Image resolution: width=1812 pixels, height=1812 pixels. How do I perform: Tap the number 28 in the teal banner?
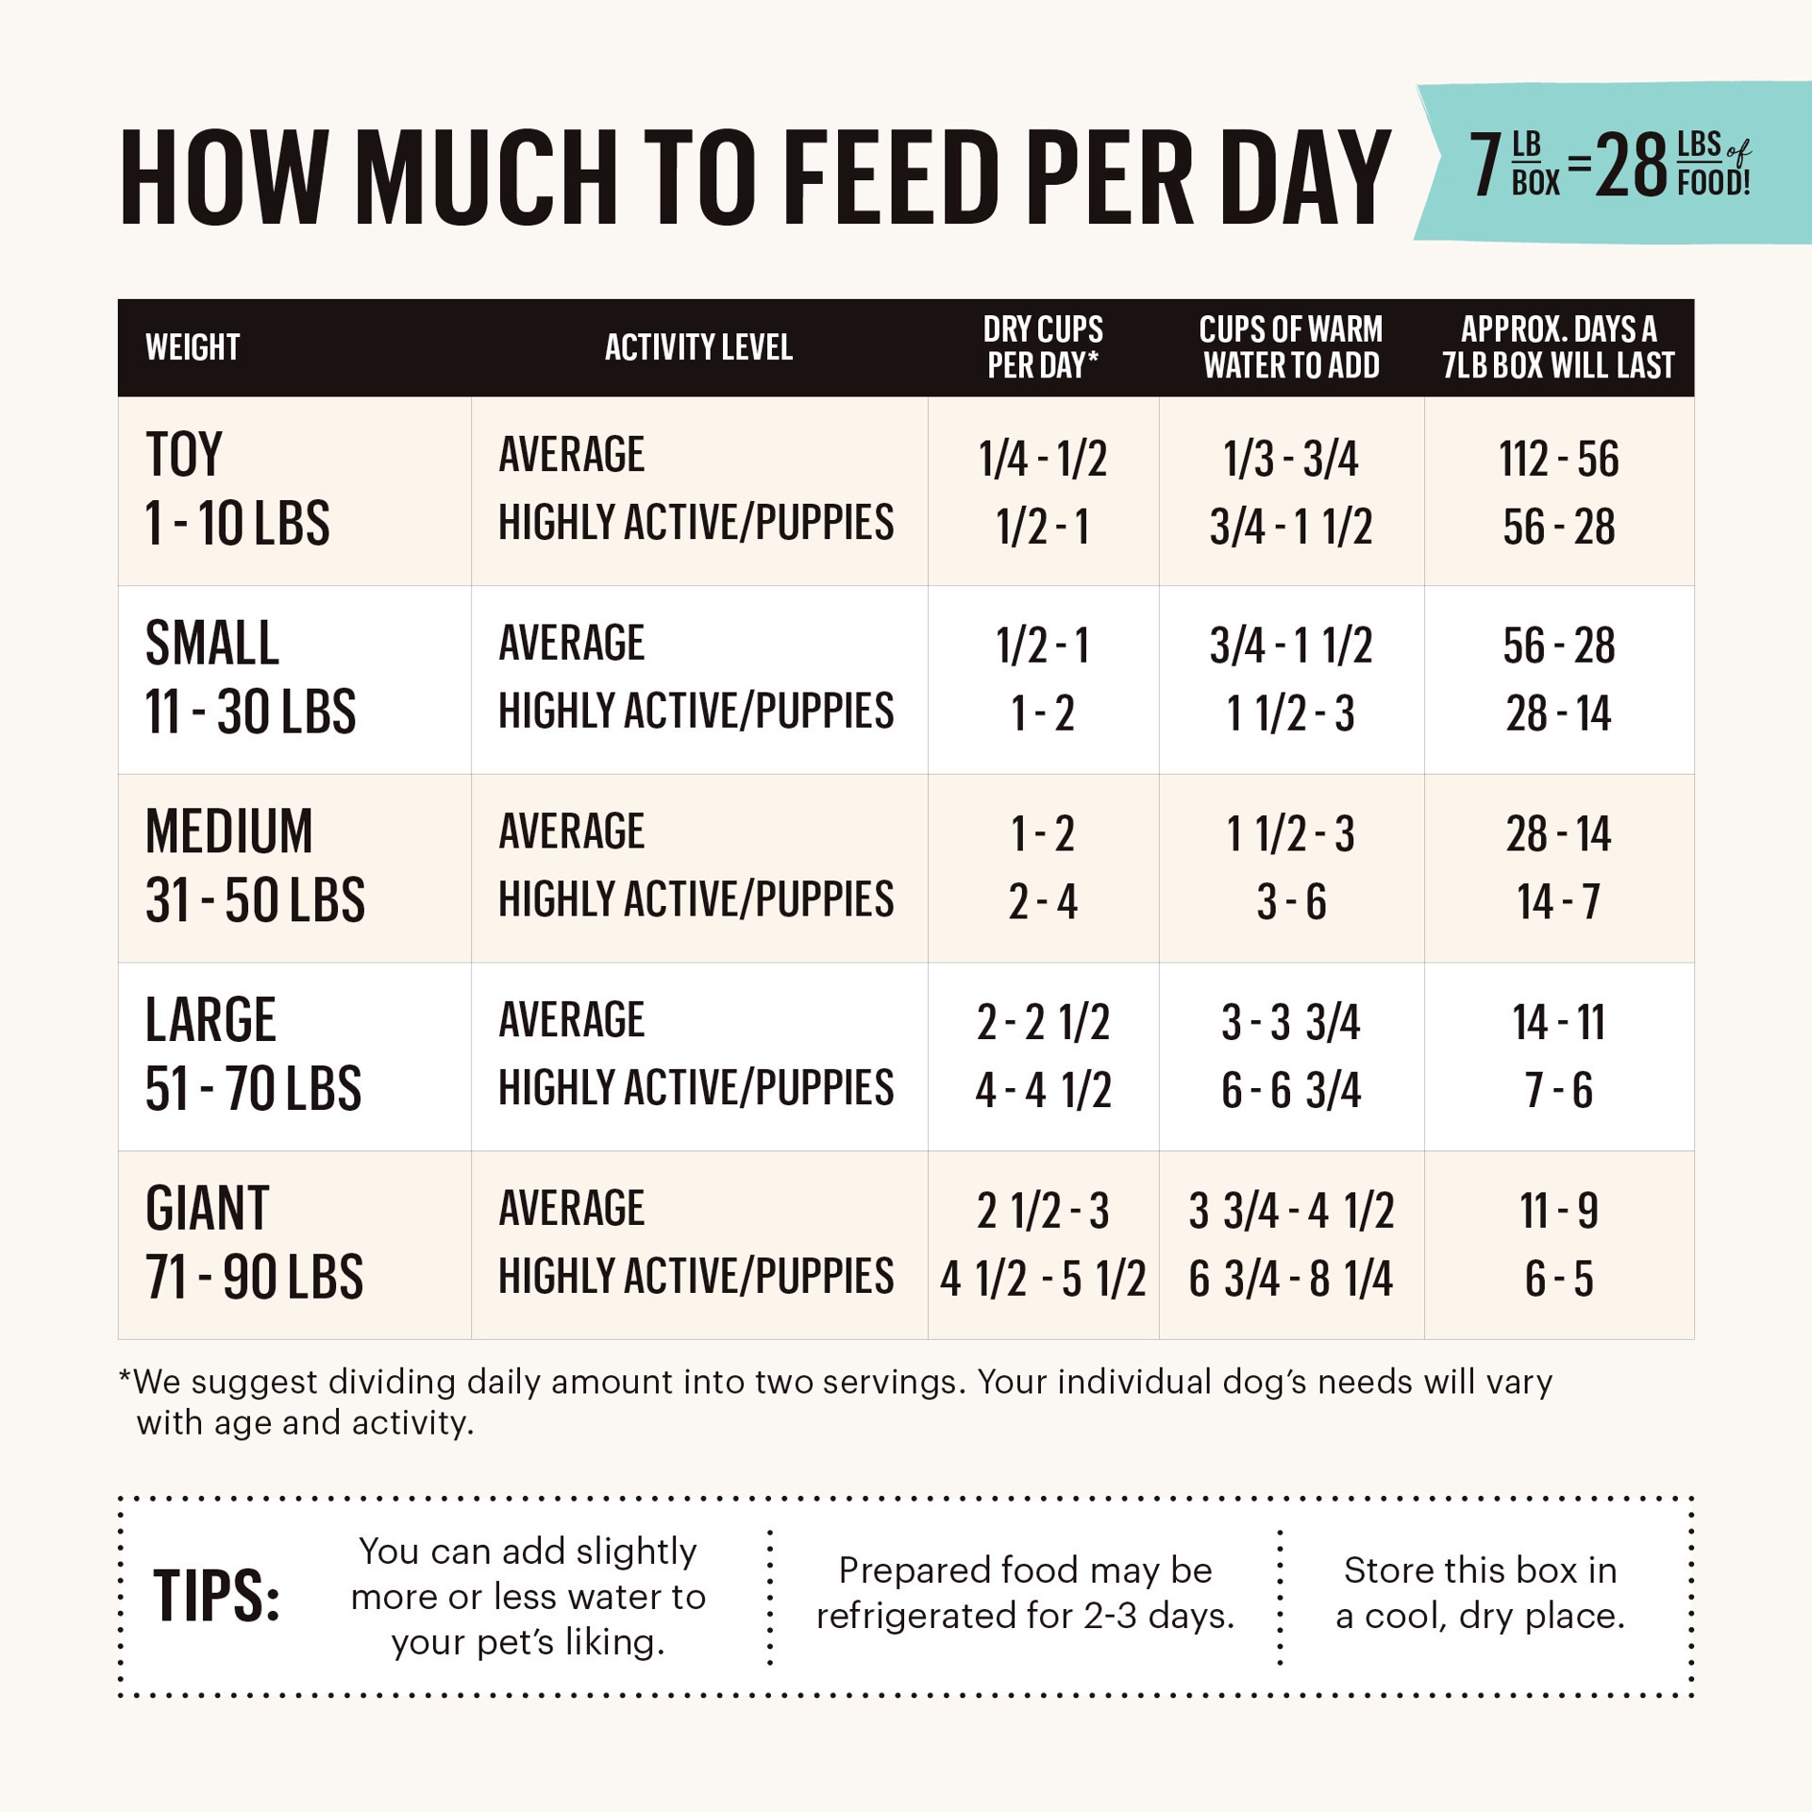(x=1630, y=166)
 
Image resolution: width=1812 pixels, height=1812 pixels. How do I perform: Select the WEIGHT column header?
(x=193, y=347)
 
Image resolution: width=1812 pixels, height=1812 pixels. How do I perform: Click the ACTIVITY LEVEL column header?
(x=698, y=347)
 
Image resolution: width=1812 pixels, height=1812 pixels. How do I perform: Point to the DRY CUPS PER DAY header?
(x=1042, y=347)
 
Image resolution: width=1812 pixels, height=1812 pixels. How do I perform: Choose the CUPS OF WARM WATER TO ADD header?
(x=1290, y=347)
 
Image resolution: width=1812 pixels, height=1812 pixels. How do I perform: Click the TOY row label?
(x=184, y=455)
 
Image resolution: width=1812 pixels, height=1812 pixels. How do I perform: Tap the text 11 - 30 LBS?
(x=250, y=712)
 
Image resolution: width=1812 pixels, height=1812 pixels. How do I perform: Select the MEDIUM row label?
(x=229, y=832)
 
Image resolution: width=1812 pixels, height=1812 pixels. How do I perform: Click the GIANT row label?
(x=208, y=1209)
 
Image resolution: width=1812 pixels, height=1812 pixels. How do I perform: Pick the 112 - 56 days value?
(x=1558, y=460)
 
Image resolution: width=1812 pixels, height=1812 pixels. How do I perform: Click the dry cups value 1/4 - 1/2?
(x=1042, y=460)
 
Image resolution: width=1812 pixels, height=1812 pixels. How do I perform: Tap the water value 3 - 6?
(x=1290, y=902)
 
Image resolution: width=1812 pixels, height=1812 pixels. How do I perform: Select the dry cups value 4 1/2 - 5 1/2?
(x=1042, y=1280)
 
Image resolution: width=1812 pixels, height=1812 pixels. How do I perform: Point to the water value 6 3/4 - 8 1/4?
(x=1290, y=1280)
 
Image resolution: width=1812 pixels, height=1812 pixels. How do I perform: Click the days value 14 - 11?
(x=1558, y=1023)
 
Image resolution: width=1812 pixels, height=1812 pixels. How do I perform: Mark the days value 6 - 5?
(x=1558, y=1280)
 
